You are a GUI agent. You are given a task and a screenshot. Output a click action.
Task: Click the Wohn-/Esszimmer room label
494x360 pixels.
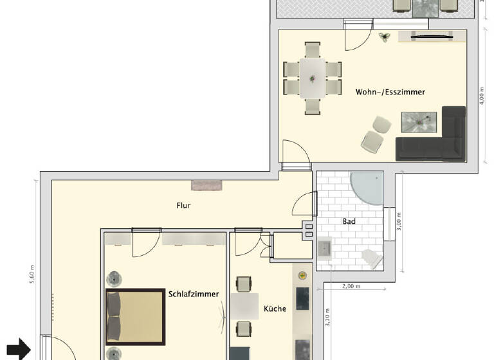[x=390, y=92]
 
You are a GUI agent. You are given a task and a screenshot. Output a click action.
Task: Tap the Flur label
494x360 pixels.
[x=184, y=206]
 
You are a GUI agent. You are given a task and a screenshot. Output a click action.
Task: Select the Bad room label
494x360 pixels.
[x=349, y=221]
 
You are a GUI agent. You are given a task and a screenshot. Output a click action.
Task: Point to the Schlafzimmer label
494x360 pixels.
[x=194, y=294]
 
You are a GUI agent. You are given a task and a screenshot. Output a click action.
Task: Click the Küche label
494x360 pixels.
[x=275, y=309]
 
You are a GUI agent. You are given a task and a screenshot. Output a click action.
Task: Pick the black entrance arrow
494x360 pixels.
[x=21, y=349]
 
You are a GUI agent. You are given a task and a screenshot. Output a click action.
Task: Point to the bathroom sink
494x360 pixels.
[x=324, y=248]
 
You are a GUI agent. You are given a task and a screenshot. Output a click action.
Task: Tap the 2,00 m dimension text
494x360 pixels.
[x=351, y=285]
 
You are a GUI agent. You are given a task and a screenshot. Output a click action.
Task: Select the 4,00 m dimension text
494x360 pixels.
[x=482, y=97]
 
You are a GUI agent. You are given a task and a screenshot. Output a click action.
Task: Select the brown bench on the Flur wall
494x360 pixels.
[x=207, y=185]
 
